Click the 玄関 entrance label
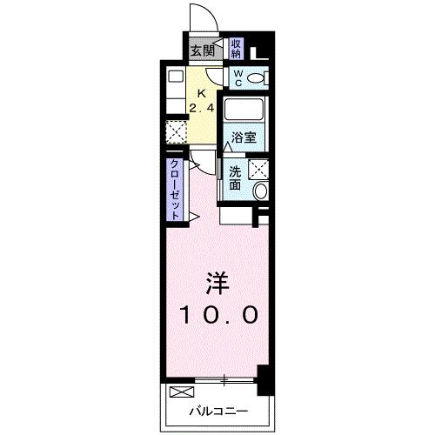(x=203, y=51)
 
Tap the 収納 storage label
(x=236, y=49)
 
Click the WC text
(x=238, y=78)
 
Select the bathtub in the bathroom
(x=244, y=110)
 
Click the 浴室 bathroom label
(x=244, y=137)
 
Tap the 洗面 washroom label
(x=235, y=178)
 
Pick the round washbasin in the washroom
(x=261, y=191)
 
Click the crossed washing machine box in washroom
(x=258, y=169)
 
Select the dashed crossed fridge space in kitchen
(x=176, y=132)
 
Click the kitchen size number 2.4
(x=202, y=108)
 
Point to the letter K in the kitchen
(x=202, y=94)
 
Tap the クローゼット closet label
(x=175, y=190)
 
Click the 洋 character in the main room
(x=217, y=284)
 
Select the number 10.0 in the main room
(x=219, y=315)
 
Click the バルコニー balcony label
(x=219, y=411)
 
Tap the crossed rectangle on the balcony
(x=182, y=392)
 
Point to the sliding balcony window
(x=224, y=380)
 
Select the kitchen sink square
(x=176, y=77)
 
